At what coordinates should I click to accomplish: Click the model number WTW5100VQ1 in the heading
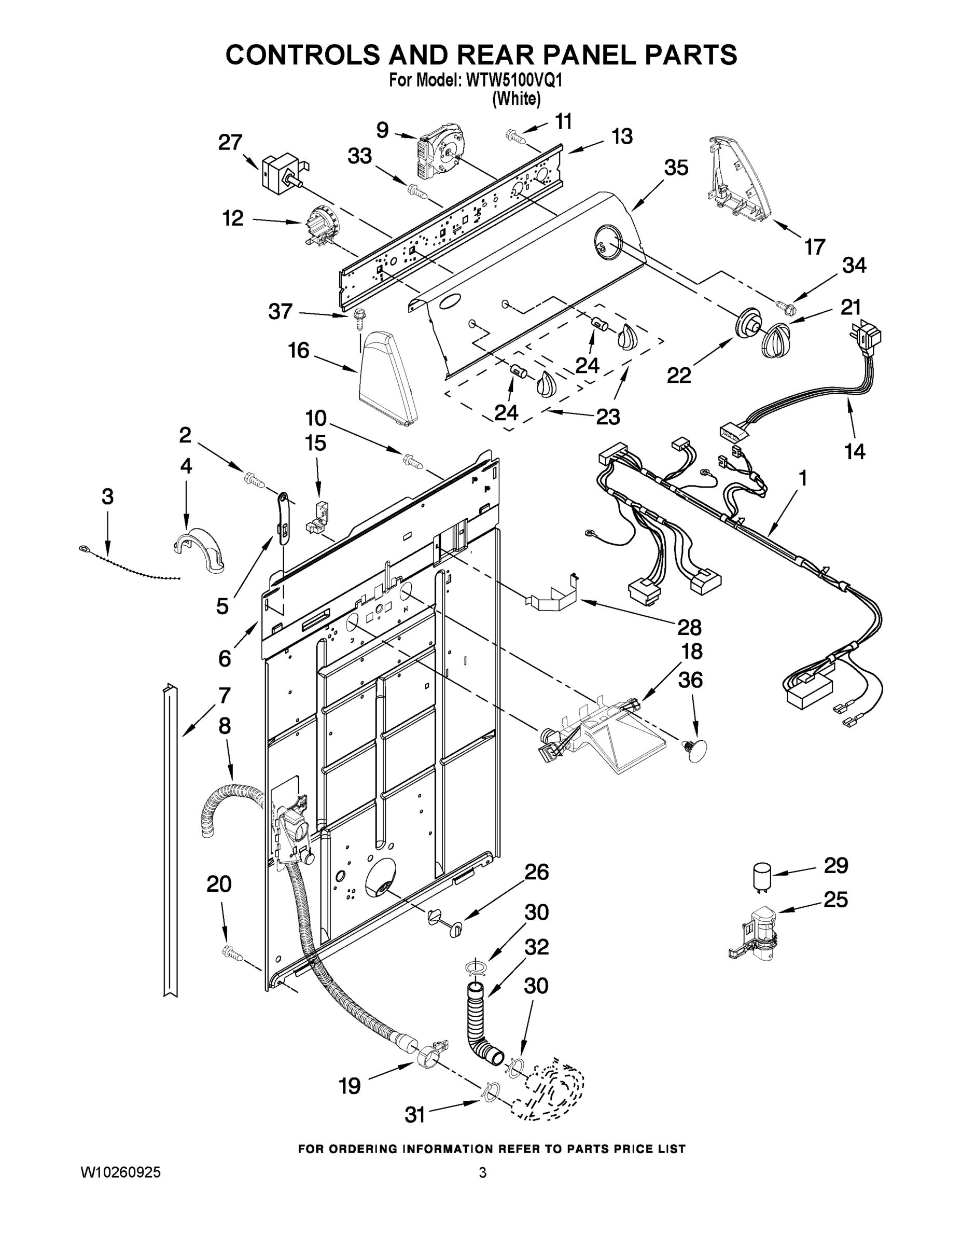pyautogui.click(x=514, y=80)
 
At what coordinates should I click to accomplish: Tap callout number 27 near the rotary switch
pyautogui.click(x=230, y=143)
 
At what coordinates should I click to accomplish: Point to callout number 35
pyautogui.click(x=676, y=168)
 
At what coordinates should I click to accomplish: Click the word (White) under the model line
pyautogui.click(x=516, y=99)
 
